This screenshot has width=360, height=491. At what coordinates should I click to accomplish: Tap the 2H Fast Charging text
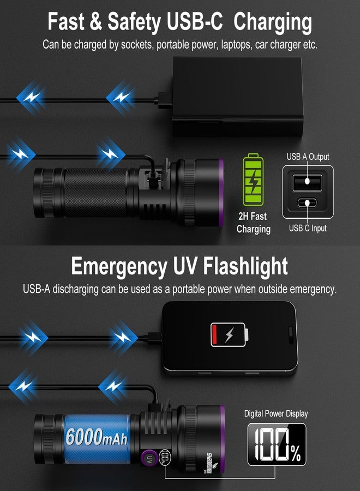coord(253,222)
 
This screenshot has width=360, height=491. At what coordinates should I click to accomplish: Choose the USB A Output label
coord(308,157)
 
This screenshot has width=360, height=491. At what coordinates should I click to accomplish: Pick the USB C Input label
coord(308,227)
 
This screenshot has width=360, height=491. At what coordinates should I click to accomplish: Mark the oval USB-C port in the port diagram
coord(307,203)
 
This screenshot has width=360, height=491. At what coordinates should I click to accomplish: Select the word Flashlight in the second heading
coord(246,267)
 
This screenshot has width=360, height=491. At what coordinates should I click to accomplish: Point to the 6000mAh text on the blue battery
coord(95,436)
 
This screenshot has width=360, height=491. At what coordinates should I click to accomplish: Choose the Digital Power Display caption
coord(276,414)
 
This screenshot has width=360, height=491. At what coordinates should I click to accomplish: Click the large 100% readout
coord(276,444)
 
